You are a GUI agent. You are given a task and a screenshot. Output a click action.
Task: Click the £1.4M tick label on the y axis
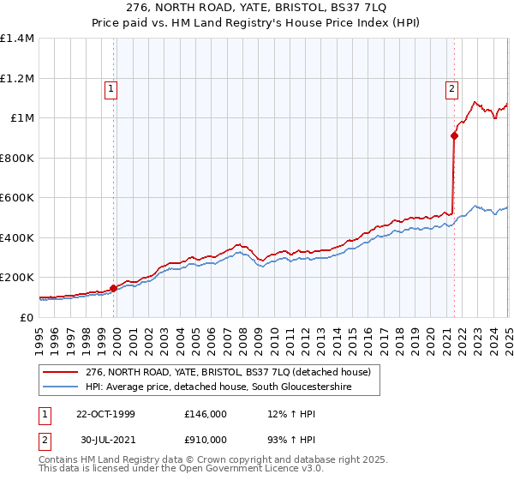click(x=17, y=39)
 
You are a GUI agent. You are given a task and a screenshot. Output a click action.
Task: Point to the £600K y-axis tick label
click(x=17, y=198)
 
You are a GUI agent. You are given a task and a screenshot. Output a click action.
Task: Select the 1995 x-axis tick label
click(x=39, y=335)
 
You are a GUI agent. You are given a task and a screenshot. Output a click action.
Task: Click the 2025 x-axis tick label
click(x=508, y=335)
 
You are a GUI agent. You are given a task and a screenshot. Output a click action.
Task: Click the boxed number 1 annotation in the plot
click(x=112, y=87)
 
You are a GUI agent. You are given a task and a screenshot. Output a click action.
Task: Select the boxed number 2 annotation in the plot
click(x=451, y=87)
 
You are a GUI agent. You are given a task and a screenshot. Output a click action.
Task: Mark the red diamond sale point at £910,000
click(x=454, y=135)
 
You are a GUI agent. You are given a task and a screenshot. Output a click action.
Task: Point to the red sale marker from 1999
click(x=113, y=288)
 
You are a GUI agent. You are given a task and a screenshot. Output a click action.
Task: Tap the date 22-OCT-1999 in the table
click(x=105, y=414)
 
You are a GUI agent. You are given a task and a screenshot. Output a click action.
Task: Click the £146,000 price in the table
click(x=206, y=414)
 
